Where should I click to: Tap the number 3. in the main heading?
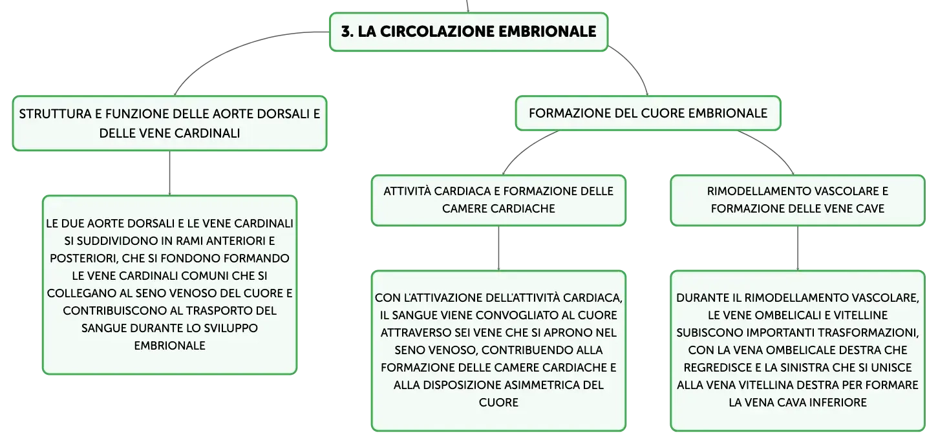(x=347, y=32)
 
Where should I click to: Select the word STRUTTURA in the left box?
(x=56, y=114)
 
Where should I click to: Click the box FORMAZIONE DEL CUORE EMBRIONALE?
(x=648, y=113)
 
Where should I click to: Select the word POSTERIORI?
(x=83, y=259)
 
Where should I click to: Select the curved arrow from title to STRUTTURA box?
(x=239, y=47)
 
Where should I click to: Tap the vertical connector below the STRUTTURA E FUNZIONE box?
(x=169, y=173)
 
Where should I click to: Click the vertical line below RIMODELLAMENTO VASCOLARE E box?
(x=797, y=248)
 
